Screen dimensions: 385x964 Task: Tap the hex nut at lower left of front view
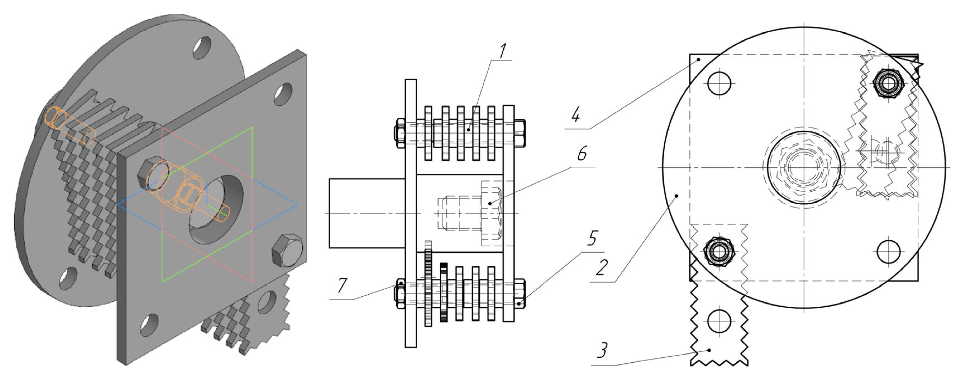tap(719, 251)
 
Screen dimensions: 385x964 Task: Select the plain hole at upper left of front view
tap(719, 83)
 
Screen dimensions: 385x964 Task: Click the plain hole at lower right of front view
tap(888, 251)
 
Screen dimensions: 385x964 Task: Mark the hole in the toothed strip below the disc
tap(719, 321)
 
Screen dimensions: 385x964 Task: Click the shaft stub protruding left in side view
tap(367, 213)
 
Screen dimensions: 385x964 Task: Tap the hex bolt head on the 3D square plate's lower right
tap(287, 250)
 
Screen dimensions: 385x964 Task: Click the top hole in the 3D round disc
tap(202, 47)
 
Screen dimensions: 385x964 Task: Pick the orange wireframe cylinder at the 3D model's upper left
tap(70, 125)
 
